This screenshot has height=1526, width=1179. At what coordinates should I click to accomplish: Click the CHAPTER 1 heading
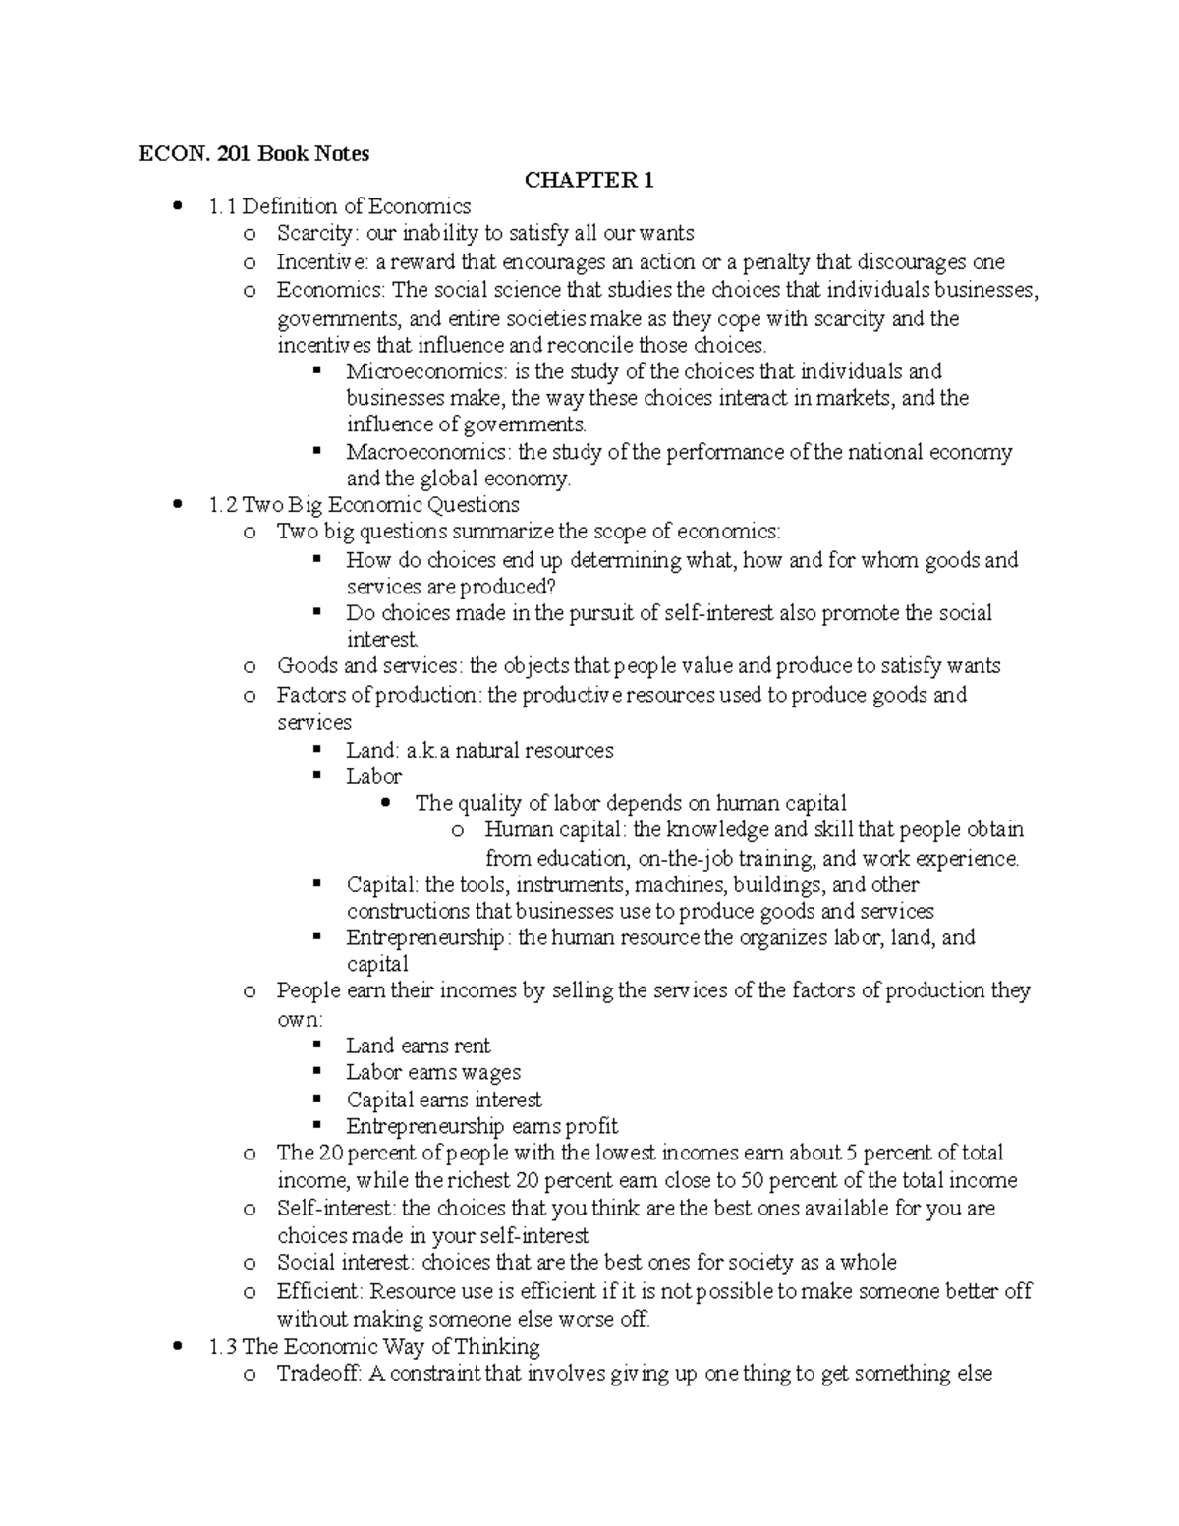[x=589, y=180]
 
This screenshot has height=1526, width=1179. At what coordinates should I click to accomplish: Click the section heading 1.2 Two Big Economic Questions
[x=364, y=505]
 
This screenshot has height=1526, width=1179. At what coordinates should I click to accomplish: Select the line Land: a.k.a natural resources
[x=479, y=751]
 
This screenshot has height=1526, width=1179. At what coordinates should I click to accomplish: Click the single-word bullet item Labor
[x=373, y=776]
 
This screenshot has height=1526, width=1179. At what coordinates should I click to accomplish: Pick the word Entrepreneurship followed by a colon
[x=424, y=937]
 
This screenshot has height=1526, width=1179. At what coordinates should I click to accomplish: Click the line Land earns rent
[x=418, y=1046]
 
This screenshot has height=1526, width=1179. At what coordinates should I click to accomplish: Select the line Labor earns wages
[x=432, y=1072]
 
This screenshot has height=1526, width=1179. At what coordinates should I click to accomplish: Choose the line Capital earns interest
[x=443, y=1100]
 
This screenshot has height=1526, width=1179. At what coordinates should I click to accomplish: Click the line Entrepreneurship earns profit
[x=481, y=1126]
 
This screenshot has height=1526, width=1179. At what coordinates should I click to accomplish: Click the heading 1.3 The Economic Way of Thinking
[x=374, y=1346]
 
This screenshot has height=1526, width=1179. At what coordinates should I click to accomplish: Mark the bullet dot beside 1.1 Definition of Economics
[x=178, y=206]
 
